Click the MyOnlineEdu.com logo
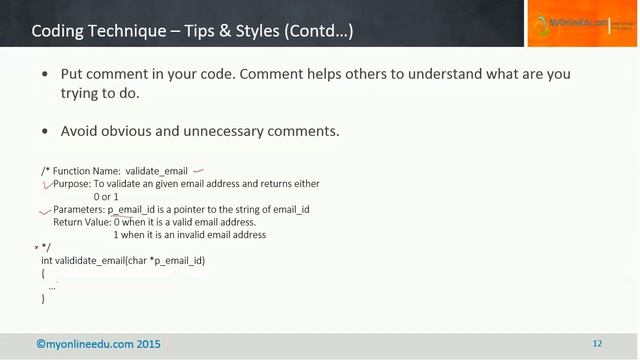581,23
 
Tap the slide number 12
597,344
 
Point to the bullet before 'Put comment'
45,76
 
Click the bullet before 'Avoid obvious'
45,132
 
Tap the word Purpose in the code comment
71,184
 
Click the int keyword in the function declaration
47,260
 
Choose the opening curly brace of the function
44,273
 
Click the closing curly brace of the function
44,299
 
